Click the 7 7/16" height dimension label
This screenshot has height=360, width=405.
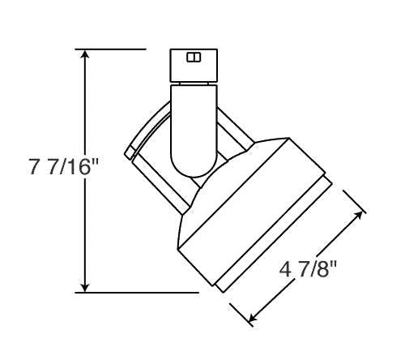tap(62, 169)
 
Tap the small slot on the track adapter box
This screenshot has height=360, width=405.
tap(192, 57)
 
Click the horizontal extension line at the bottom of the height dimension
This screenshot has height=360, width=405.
tap(138, 291)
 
